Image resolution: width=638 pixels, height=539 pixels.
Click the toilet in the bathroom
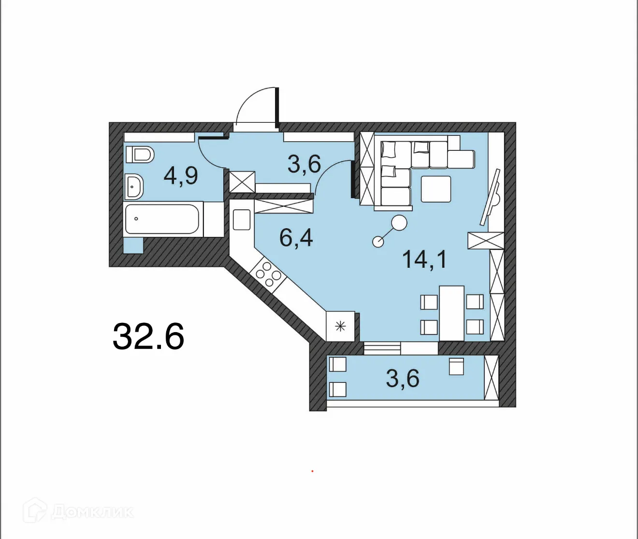[x=140, y=154]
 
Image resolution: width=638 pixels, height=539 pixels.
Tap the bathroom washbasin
[x=134, y=187]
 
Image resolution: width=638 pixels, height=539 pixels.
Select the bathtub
[x=161, y=219]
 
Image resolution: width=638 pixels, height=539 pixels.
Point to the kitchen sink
[x=242, y=219]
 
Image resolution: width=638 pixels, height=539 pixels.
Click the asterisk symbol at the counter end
[x=340, y=326]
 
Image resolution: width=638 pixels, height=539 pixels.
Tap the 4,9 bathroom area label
[x=181, y=175]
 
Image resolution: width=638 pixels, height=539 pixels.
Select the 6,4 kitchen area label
[x=296, y=238]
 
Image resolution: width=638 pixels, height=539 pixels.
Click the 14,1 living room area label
[x=424, y=260]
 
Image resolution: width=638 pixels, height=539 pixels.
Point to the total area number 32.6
[x=148, y=336]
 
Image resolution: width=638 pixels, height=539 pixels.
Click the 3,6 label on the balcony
[x=402, y=378]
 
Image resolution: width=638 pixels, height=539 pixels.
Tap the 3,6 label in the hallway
[x=304, y=164]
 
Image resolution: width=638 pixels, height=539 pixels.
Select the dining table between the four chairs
[x=451, y=313]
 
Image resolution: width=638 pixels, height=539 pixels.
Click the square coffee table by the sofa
[x=435, y=189]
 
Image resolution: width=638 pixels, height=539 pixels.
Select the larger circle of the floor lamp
[x=399, y=223]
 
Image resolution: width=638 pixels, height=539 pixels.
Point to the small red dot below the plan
[x=312, y=470]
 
